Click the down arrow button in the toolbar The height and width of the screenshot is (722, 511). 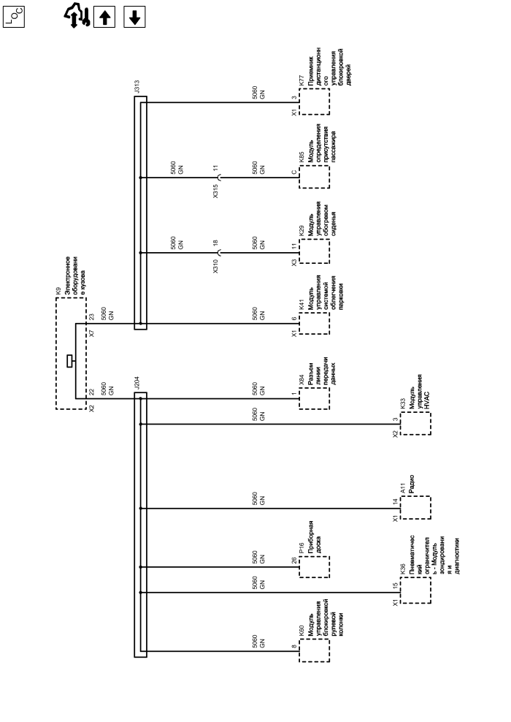[134, 15]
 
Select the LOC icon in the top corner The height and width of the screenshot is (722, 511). [15, 15]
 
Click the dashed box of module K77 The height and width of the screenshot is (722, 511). [314, 104]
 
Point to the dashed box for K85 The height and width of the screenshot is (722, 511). [314, 178]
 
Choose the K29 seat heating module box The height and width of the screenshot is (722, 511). [314, 252]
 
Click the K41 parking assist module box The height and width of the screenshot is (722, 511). [314, 323]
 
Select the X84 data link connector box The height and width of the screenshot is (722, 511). [314, 398]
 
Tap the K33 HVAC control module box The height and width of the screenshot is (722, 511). [415, 424]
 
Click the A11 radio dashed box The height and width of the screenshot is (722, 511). [415, 508]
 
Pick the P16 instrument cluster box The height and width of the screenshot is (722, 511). [314, 566]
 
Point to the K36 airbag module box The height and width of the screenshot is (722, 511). [415, 592]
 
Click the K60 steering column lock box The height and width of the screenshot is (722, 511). [314, 650]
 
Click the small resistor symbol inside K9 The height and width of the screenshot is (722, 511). [69, 360]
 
